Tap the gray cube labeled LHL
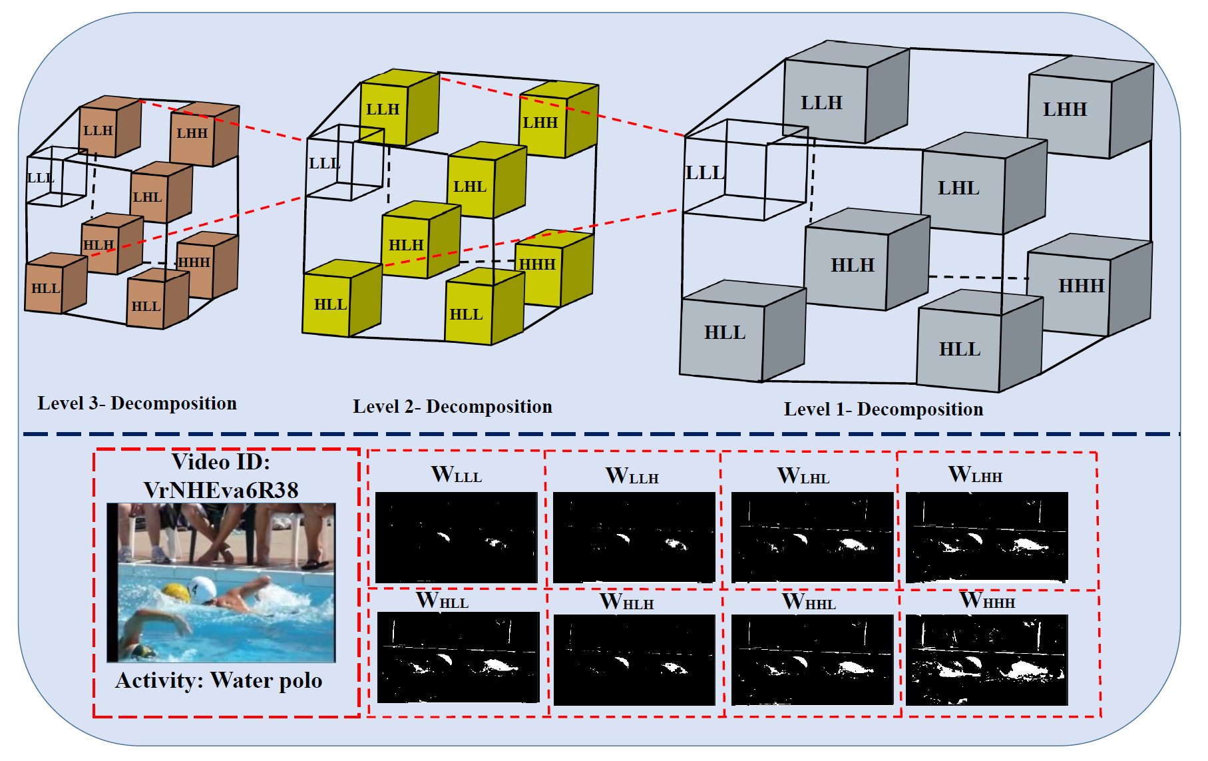click(x=962, y=190)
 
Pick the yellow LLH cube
click(x=385, y=111)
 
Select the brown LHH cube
click(x=193, y=136)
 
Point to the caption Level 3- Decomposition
click(x=137, y=403)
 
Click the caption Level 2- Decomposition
click(x=453, y=407)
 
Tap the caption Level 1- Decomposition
click(x=883, y=409)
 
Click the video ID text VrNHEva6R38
click(x=221, y=491)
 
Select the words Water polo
click(x=266, y=681)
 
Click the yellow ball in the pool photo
click(x=176, y=592)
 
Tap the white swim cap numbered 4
click(x=202, y=589)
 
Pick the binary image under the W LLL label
click(x=457, y=537)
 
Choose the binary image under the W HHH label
click(x=986, y=660)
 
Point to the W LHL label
click(x=803, y=476)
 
